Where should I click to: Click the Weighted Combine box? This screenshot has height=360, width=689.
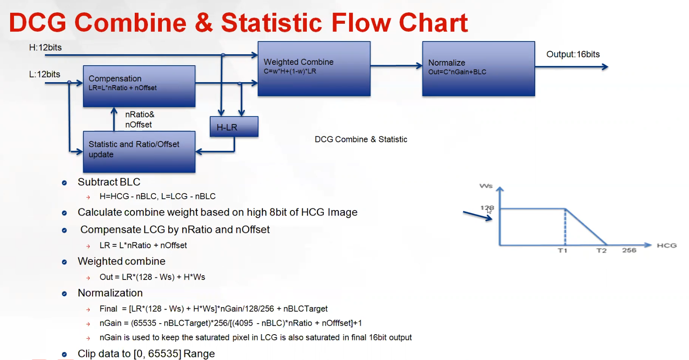click(314, 69)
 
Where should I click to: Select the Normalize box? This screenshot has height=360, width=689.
click(478, 69)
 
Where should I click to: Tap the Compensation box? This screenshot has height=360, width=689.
click(139, 86)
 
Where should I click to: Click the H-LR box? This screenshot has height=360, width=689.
click(234, 127)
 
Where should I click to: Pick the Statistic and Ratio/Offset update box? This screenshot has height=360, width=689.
click(139, 152)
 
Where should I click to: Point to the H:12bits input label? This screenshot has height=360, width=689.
click(45, 47)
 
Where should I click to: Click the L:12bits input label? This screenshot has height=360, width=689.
click(44, 74)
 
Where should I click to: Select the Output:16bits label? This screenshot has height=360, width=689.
click(573, 54)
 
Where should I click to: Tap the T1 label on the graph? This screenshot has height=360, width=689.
click(562, 251)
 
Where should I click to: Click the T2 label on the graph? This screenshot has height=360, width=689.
click(601, 251)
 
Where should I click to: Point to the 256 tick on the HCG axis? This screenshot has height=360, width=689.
click(629, 250)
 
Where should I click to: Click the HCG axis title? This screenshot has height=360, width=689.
click(667, 246)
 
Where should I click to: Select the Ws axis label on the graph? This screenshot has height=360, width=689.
click(486, 186)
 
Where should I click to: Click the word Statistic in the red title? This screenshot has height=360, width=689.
click(271, 23)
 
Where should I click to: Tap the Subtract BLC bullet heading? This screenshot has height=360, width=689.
click(109, 182)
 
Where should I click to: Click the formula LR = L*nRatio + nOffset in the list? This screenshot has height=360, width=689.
click(143, 245)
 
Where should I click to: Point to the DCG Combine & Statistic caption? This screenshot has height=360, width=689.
click(361, 139)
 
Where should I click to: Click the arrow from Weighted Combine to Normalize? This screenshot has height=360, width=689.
click(396, 66)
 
